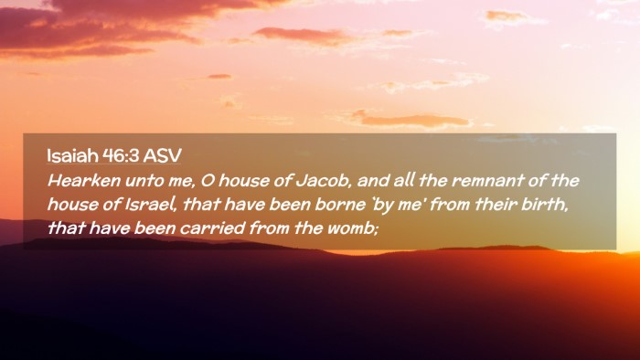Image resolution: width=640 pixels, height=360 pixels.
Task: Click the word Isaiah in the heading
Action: (x=72, y=155)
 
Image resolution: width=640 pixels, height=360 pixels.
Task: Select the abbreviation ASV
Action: (x=162, y=155)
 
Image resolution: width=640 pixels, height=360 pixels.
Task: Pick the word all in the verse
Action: (x=403, y=180)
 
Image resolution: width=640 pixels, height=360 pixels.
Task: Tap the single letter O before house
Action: (x=208, y=181)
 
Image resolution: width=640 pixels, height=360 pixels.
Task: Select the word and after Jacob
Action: (x=373, y=181)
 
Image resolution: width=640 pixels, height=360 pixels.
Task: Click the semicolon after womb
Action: (x=377, y=229)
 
